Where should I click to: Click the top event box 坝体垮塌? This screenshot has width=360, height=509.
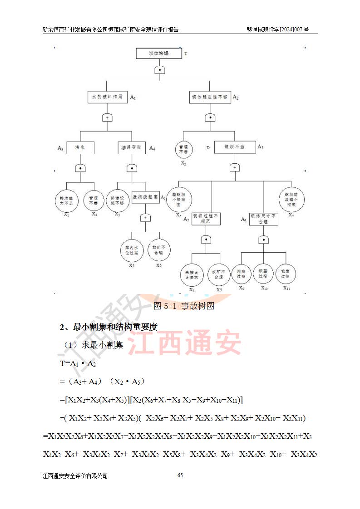coord(158,54)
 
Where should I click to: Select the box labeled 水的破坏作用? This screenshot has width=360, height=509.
coord(108,97)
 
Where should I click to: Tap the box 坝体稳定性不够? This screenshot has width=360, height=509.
coord(210,97)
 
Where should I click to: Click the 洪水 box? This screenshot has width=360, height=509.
coord(80,147)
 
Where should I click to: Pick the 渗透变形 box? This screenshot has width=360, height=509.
coord(132,147)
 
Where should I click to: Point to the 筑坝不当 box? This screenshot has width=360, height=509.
coord(234,147)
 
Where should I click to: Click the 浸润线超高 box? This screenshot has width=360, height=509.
coord(145,197)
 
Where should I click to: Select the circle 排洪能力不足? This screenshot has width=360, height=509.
coord(66,201)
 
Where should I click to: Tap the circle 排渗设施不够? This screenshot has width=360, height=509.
coord(118,201)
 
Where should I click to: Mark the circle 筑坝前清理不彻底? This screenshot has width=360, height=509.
coord(291,198)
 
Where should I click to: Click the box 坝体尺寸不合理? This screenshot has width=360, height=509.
coord(263,219)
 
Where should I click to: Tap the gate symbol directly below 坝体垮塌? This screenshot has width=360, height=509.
coord(159,70)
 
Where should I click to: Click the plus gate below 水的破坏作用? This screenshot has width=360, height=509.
coord(108,117)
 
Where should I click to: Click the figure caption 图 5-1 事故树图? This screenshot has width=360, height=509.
coord(184,306)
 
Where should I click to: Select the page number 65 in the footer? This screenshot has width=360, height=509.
coord(180,475)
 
